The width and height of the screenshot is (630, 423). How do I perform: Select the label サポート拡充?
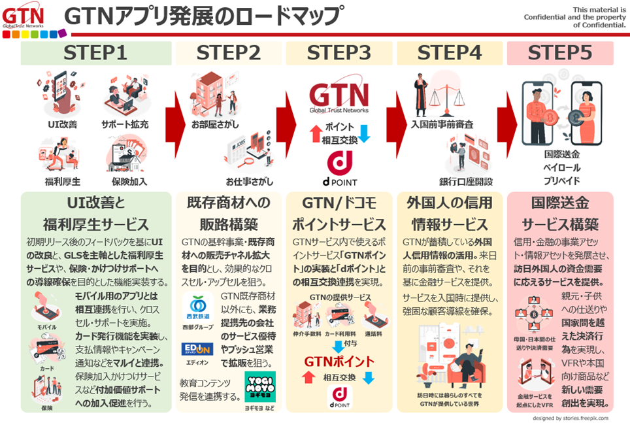[x=125, y=124]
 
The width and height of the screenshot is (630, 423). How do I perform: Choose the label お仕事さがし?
[x=250, y=181]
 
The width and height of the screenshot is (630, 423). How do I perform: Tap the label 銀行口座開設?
[x=466, y=181]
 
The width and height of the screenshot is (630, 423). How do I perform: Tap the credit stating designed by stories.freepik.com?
[x=570, y=417]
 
